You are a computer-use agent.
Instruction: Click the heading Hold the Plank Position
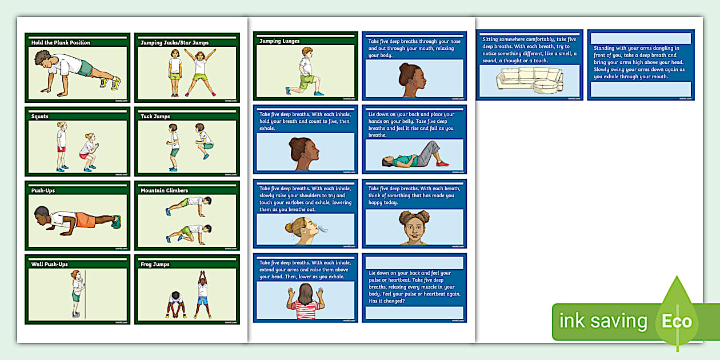tap(61, 43)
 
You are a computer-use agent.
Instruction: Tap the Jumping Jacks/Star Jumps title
tap(174, 43)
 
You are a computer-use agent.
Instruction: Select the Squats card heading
tap(40, 117)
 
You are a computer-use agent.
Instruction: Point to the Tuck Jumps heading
tap(155, 117)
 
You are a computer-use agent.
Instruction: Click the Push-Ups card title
tap(43, 190)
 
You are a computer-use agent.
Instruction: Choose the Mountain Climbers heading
tap(164, 190)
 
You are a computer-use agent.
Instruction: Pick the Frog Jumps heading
tap(155, 265)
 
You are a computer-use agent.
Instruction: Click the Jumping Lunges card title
tap(279, 41)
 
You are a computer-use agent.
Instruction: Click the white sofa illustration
tap(529, 80)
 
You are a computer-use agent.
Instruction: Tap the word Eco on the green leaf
tap(677, 321)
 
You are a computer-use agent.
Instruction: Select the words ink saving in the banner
tap(603, 321)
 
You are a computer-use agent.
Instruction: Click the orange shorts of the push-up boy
tap(86, 219)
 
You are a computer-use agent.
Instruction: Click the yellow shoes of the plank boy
tap(109, 83)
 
